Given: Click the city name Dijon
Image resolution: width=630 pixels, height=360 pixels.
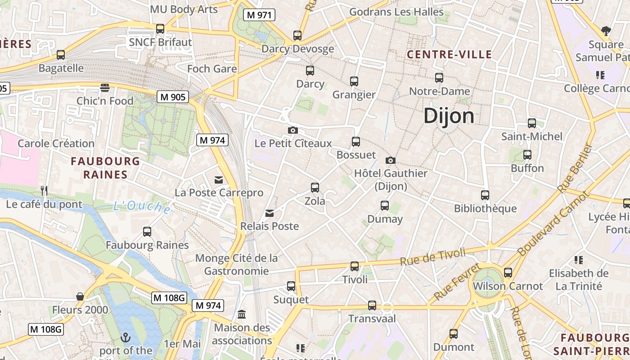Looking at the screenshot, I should pos(449,116).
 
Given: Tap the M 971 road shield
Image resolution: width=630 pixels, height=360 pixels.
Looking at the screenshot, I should pos(259,15).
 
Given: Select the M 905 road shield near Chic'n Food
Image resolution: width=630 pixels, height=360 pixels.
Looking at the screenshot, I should pos(173,97).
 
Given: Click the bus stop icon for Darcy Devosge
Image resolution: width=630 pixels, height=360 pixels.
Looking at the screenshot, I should pos(297,36).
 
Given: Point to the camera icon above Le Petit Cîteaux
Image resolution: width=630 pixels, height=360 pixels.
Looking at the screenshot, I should pos(293,130).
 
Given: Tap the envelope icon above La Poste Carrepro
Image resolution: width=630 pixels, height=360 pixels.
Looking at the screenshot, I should pos(219,180).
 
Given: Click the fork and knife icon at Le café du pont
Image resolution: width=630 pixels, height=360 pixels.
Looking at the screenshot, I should pos(44,191).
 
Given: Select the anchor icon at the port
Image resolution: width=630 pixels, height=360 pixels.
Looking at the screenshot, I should pos(126,337).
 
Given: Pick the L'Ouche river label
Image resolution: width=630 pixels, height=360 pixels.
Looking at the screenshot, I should pos(142,207).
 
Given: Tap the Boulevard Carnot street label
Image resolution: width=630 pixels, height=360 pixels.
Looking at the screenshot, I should pos(553,223).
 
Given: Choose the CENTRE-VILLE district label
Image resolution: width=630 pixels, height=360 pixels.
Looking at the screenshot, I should pos(449,55).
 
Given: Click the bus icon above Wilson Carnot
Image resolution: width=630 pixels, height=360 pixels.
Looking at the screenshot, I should pos(508,273).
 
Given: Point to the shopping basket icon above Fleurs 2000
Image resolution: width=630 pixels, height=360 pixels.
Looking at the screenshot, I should pos(80,297).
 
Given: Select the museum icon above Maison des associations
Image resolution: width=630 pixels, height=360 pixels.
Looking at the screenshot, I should pos(242,314).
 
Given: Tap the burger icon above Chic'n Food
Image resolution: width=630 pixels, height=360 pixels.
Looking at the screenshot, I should pos(105,87).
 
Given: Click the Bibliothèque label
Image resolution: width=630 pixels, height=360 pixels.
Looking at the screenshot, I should pos(485,209).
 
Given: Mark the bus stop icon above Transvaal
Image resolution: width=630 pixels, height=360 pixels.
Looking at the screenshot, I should pos(372,306).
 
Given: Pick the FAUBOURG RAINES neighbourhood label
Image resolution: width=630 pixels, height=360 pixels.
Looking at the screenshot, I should pos(105,168).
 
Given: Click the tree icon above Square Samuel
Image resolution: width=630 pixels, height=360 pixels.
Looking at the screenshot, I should pos(606,31).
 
